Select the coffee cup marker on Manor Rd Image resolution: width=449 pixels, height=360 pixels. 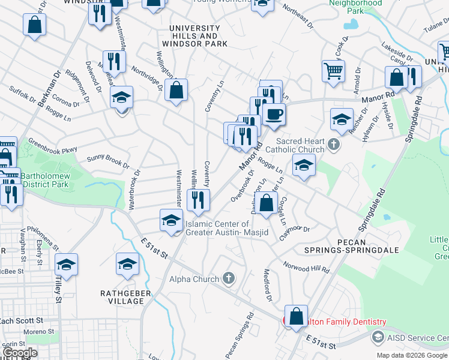point(274,114)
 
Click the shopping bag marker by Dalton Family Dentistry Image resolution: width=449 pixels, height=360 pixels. point(296,316)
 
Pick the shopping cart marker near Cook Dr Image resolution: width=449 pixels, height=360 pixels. point(333,71)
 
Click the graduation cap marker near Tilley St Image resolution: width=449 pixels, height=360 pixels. point(67,264)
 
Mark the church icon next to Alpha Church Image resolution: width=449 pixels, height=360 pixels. point(228,278)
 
